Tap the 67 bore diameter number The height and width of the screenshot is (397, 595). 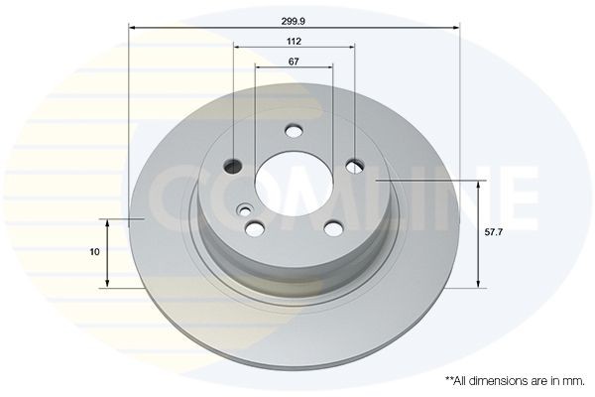pyautogui.click(x=294, y=61)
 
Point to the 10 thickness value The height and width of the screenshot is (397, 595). pyautogui.click(x=94, y=252)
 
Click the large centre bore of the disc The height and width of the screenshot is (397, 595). pyautogui.click(x=294, y=184)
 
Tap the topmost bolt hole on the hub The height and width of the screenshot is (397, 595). pyautogui.click(x=294, y=130)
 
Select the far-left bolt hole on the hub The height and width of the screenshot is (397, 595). pyautogui.click(x=234, y=166)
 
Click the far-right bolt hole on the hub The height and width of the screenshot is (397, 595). pyautogui.click(x=355, y=166)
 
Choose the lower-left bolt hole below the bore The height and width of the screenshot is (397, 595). pyautogui.click(x=256, y=229)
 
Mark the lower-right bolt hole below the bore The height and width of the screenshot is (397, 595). pyautogui.click(x=333, y=229)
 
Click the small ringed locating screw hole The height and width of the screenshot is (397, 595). pyautogui.click(x=243, y=208)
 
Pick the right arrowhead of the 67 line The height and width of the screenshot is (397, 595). pyautogui.click(x=329, y=68)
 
